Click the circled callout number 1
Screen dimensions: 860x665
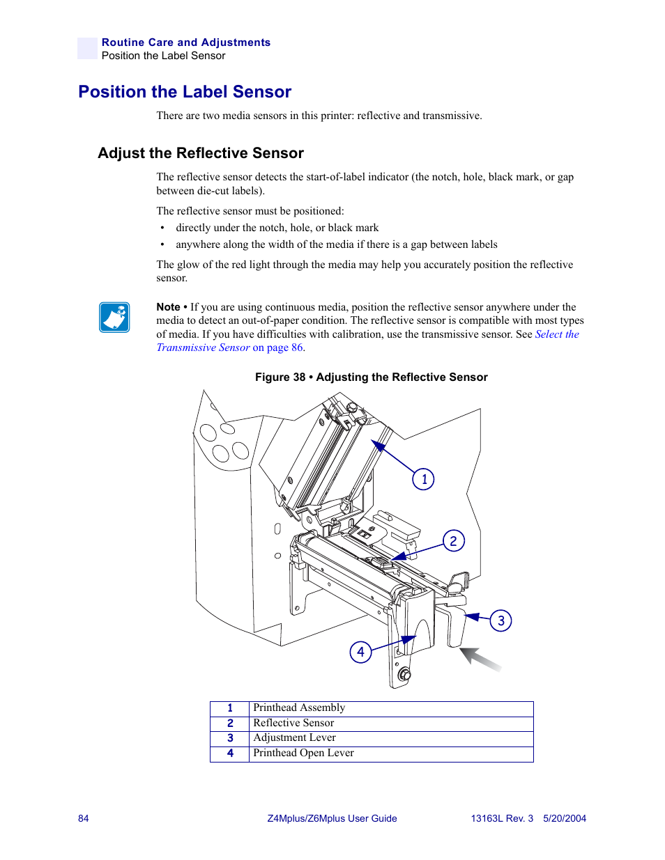click(423, 479)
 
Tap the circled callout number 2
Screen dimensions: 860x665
click(453, 540)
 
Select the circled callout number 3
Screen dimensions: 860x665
click(500, 620)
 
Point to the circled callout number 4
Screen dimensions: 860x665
click(360, 652)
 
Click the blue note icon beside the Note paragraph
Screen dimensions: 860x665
click(114, 318)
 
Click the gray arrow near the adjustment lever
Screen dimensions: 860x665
click(480, 659)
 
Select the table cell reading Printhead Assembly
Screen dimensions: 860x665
click(299, 708)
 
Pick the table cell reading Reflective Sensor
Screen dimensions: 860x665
click(293, 723)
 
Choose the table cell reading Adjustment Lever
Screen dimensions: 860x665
click(294, 738)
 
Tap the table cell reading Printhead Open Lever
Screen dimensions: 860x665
click(303, 753)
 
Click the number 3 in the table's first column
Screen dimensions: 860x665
click(230, 738)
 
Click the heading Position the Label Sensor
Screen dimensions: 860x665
click(185, 92)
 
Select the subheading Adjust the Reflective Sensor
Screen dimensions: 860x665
click(201, 153)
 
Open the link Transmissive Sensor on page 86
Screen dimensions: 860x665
click(230, 347)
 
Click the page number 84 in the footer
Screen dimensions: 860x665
click(84, 818)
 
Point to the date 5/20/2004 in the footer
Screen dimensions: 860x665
click(565, 818)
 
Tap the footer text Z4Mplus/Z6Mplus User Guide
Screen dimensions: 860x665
click(332, 818)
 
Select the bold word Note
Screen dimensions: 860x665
click(168, 307)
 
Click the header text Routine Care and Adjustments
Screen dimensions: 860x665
click(186, 42)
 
